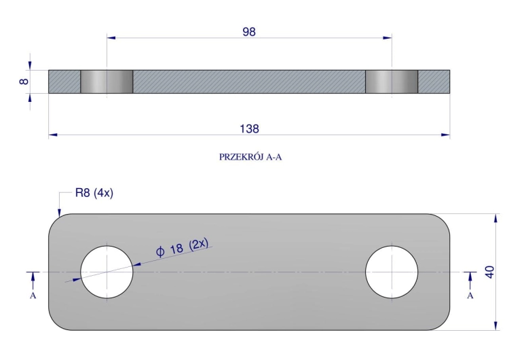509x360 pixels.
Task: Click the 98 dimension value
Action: tap(249, 32)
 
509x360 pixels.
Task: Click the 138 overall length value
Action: tap(249, 129)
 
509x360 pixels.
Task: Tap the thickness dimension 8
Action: tap(24, 82)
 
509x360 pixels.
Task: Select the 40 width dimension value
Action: tap(489, 272)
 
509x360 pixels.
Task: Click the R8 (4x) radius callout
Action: tap(94, 193)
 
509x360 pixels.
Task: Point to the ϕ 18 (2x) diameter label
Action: tap(182, 247)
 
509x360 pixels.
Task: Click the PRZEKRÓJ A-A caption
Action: tap(250, 158)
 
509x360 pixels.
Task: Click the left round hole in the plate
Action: tap(107, 272)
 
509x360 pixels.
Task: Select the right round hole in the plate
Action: tap(392, 272)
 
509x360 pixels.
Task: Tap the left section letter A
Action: tap(33, 295)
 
